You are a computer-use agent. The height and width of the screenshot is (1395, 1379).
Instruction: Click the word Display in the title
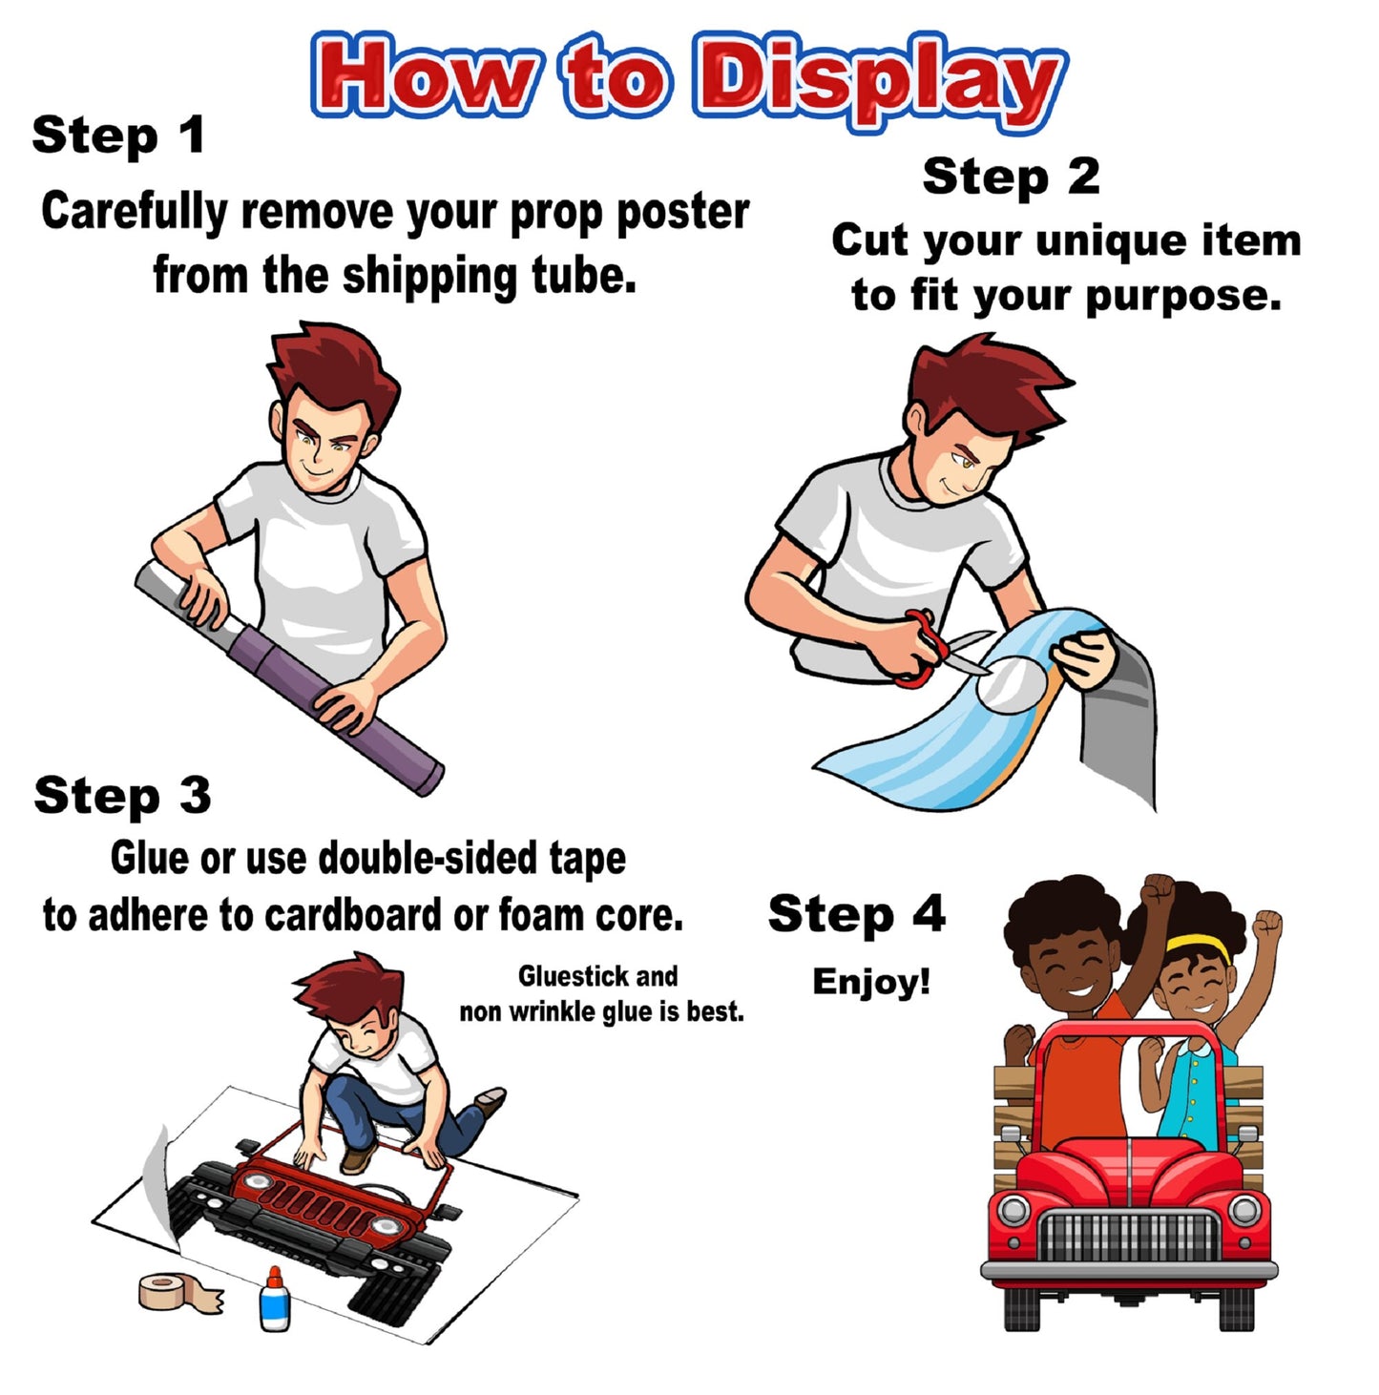[879, 82]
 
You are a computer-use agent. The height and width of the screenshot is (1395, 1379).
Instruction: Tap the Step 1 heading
[118, 135]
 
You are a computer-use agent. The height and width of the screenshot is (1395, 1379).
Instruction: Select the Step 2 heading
[1011, 177]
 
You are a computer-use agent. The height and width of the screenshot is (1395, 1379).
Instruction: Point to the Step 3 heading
[122, 796]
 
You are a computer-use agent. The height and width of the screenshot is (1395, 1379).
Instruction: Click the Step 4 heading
[857, 914]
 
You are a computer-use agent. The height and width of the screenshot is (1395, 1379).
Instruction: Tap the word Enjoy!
[871, 983]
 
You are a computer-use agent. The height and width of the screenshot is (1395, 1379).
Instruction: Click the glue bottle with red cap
[275, 1299]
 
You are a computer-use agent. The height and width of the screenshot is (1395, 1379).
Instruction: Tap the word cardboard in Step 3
[353, 915]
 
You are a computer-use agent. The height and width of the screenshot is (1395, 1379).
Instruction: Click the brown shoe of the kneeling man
[491, 1101]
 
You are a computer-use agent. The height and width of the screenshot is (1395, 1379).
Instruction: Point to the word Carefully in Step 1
[135, 213]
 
